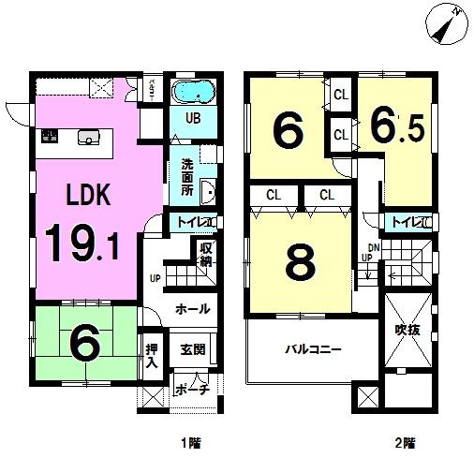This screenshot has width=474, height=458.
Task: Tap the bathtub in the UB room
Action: point(195,93)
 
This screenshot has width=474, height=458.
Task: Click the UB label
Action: point(192,119)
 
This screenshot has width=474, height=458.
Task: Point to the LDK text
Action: point(88,195)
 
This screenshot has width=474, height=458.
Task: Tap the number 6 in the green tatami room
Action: point(85,346)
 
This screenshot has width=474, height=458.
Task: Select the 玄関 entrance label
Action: point(194,350)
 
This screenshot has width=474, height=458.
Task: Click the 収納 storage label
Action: point(206,254)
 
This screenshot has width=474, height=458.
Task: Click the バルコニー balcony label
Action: point(314,348)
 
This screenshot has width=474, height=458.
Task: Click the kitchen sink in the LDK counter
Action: point(88,137)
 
